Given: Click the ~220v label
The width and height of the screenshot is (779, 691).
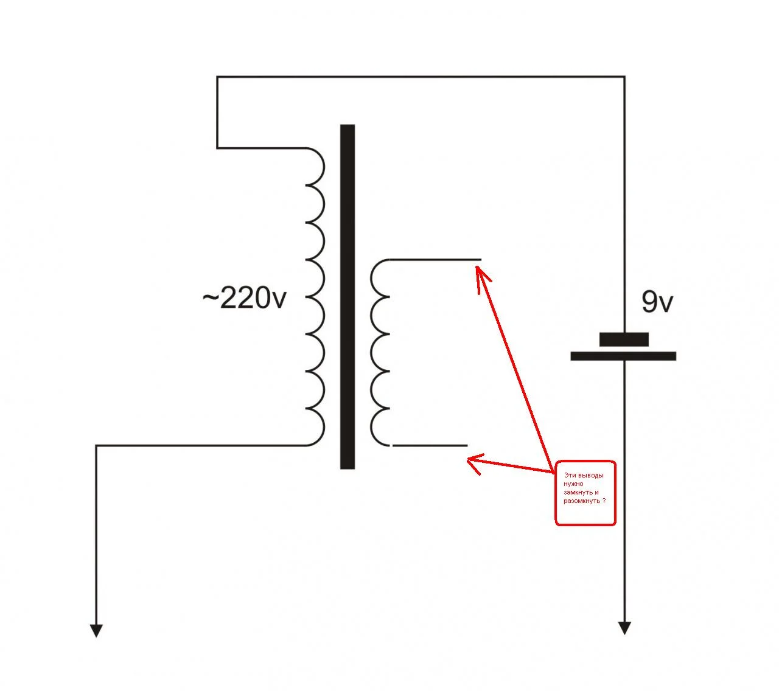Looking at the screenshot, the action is click(245, 298).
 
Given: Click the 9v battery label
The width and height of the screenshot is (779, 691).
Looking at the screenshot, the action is click(657, 302).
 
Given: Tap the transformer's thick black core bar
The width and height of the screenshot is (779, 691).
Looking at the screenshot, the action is click(348, 296).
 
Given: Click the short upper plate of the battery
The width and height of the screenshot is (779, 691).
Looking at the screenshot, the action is click(624, 339).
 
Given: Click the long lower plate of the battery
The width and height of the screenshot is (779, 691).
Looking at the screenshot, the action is click(623, 356).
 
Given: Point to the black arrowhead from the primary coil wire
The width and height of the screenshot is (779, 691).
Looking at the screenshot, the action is click(96, 631).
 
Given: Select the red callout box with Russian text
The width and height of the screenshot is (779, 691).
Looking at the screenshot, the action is click(585, 493).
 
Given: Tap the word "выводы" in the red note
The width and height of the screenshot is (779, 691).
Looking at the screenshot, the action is click(592, 476).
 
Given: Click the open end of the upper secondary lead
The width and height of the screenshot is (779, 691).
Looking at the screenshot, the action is click(481, 260).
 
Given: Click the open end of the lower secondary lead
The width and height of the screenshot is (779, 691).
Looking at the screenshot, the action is click(467, 446).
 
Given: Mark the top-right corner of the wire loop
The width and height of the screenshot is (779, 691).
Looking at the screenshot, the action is click(624, 77).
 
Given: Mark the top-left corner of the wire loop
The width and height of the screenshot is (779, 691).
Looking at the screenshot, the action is click(217, 77).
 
